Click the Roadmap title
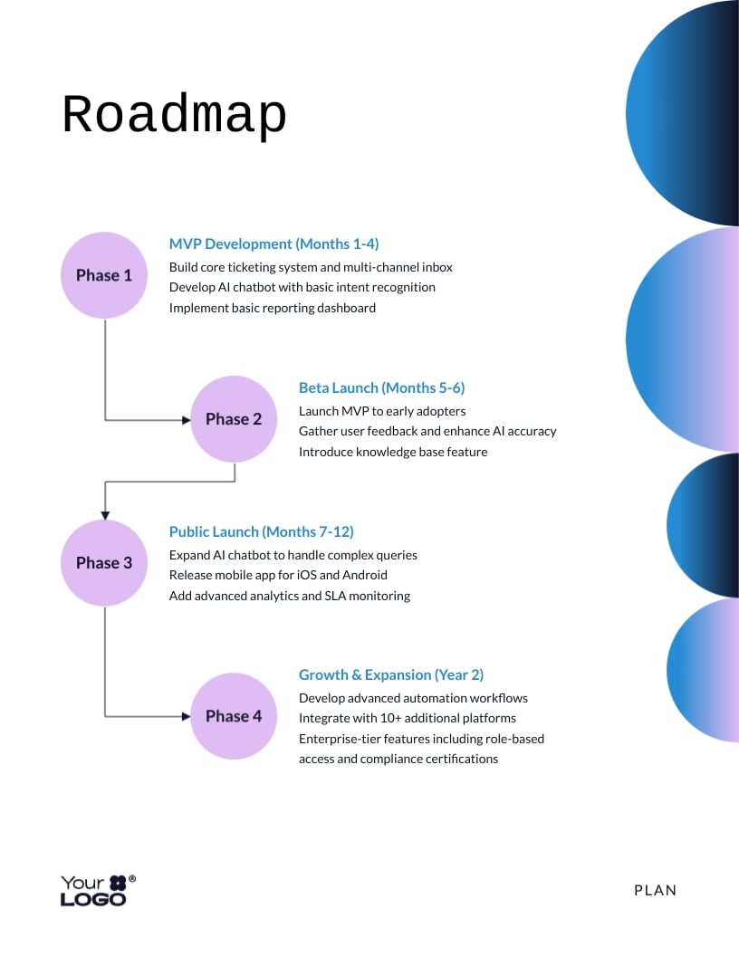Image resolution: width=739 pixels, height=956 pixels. [174, 116]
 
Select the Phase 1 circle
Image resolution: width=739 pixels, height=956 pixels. [104, 275]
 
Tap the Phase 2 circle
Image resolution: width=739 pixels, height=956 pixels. [234, 419]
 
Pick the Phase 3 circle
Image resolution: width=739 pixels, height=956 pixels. [104, 562]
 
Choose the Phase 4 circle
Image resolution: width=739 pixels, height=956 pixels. [234, 716]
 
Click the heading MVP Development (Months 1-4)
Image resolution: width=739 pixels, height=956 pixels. [274, 244]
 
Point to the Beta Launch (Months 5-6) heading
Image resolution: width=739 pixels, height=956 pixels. [381, 387]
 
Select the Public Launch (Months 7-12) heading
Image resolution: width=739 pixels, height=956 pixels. [261, 531]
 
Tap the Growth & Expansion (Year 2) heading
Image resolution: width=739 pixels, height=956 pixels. [391, 674]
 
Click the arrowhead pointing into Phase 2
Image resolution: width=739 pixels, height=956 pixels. [186, 419]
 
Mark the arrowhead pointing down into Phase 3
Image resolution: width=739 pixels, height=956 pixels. [105, 514]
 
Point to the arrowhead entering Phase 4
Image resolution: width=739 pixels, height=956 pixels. [186, 716]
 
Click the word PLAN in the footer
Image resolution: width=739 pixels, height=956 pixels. [656, 890]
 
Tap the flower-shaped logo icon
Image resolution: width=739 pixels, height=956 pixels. [119, 883]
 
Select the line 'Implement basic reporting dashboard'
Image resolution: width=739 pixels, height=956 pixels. [273, 308]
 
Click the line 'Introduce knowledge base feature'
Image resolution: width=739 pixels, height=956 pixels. [393, 452]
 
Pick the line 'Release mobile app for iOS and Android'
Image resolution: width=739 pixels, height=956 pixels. [278, 575]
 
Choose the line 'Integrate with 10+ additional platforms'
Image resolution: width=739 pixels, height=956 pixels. [408, 718]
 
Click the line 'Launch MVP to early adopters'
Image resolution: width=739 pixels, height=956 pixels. [382, 411]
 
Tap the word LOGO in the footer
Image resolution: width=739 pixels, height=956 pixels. [93, 899]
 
